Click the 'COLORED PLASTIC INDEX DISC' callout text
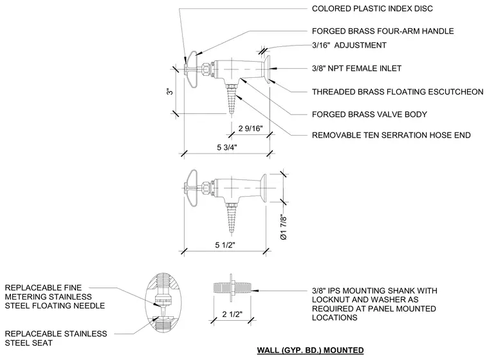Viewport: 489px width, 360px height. [x=373, y=9]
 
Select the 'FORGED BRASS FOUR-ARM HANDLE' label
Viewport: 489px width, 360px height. [x=383, y=31]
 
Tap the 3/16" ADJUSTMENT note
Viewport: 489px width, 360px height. [x=349, y=45]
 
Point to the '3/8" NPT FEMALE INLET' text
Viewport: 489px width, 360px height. [x=356, y=68]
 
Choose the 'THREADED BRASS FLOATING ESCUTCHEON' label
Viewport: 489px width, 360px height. [x=398, y=92]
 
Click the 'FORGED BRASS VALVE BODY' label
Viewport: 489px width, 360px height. [x=369, y=114]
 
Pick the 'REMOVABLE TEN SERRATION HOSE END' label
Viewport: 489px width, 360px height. [x=391, y=135]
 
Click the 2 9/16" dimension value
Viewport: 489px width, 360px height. [x=251, y=129]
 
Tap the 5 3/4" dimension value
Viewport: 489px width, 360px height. [x=227, y=147]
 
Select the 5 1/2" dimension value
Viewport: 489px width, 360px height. [x=225, y=245]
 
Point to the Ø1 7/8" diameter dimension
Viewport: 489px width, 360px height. [x=284, y=227]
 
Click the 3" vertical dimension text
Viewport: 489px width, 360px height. [x=170, y=91]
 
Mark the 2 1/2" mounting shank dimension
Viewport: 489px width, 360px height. [x=232, y=314]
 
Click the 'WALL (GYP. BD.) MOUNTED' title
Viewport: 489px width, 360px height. [x=310, y=350]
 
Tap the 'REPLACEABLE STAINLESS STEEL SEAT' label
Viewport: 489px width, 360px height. [x=56, y=339]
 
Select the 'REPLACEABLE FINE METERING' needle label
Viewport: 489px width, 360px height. [x=55, y=297]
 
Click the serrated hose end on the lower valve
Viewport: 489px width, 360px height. [x=231, y=218]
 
